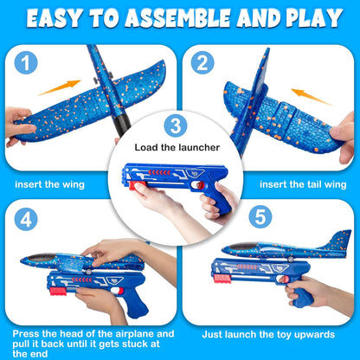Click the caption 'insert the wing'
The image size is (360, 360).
[x=50, y=184]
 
